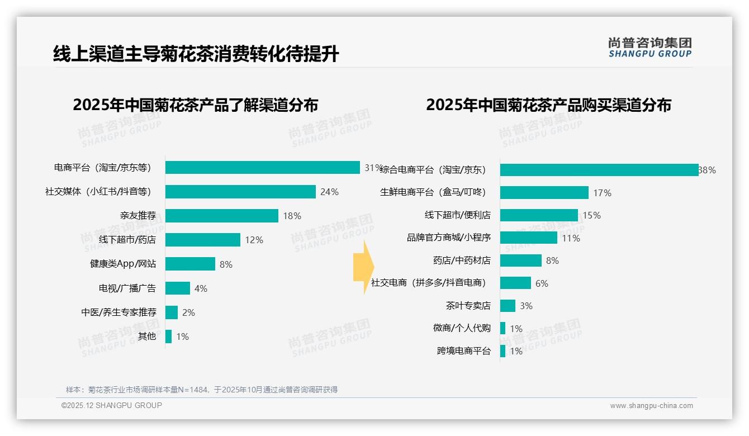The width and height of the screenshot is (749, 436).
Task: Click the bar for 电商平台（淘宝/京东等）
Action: pyautogui.click(x=262, y=168)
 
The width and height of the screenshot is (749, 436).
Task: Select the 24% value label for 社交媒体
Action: pyautogui.click(x=329, y=192)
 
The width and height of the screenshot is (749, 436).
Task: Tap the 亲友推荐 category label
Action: pyautogui.click(x=138, y=216)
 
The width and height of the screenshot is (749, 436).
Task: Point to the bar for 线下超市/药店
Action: pyautogui.click(x=203, y=240)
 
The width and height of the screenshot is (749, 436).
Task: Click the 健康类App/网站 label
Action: pyautogui.click(x=123, y=264)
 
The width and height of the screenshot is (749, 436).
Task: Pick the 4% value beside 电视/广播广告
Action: pyautogui.click(x=201, y=288)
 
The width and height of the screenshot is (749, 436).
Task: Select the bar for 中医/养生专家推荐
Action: pyautogui.click(x=172, y=312)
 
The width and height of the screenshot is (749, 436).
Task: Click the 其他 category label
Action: pyautogui.click(x=147, y=337)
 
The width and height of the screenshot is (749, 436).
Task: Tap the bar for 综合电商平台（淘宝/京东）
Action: pyautogui.click(x=599, y=170)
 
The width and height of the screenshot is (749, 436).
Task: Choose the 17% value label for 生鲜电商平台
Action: pyautogui.click(x=602, y=193)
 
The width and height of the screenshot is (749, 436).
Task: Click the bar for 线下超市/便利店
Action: pyautogui.click(x=539, y=215)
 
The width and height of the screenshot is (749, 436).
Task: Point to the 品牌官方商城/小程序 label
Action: pyautogui.click(x=449, y=238)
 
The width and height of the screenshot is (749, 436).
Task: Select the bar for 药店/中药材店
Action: pyautogui.click(x=521, y=260)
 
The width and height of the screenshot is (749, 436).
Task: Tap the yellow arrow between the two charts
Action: pyautogui.click(x=363, y=268)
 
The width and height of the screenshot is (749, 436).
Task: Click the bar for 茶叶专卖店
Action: pyautogui.click(x=508, y=306)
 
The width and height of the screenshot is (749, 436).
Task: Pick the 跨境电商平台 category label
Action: pyautogui.click(x=464, y=351)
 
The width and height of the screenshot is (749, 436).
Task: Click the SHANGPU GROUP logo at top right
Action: pyautogui.click(x=650, y=48)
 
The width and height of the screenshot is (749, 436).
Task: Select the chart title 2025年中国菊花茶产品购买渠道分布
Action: pyautogui.click(x=548, y=105)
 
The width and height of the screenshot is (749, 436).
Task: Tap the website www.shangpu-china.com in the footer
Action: pyautogui.click(x=651, y=406)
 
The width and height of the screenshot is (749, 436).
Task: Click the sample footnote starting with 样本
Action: pyautogui.click(x=202, y=390)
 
